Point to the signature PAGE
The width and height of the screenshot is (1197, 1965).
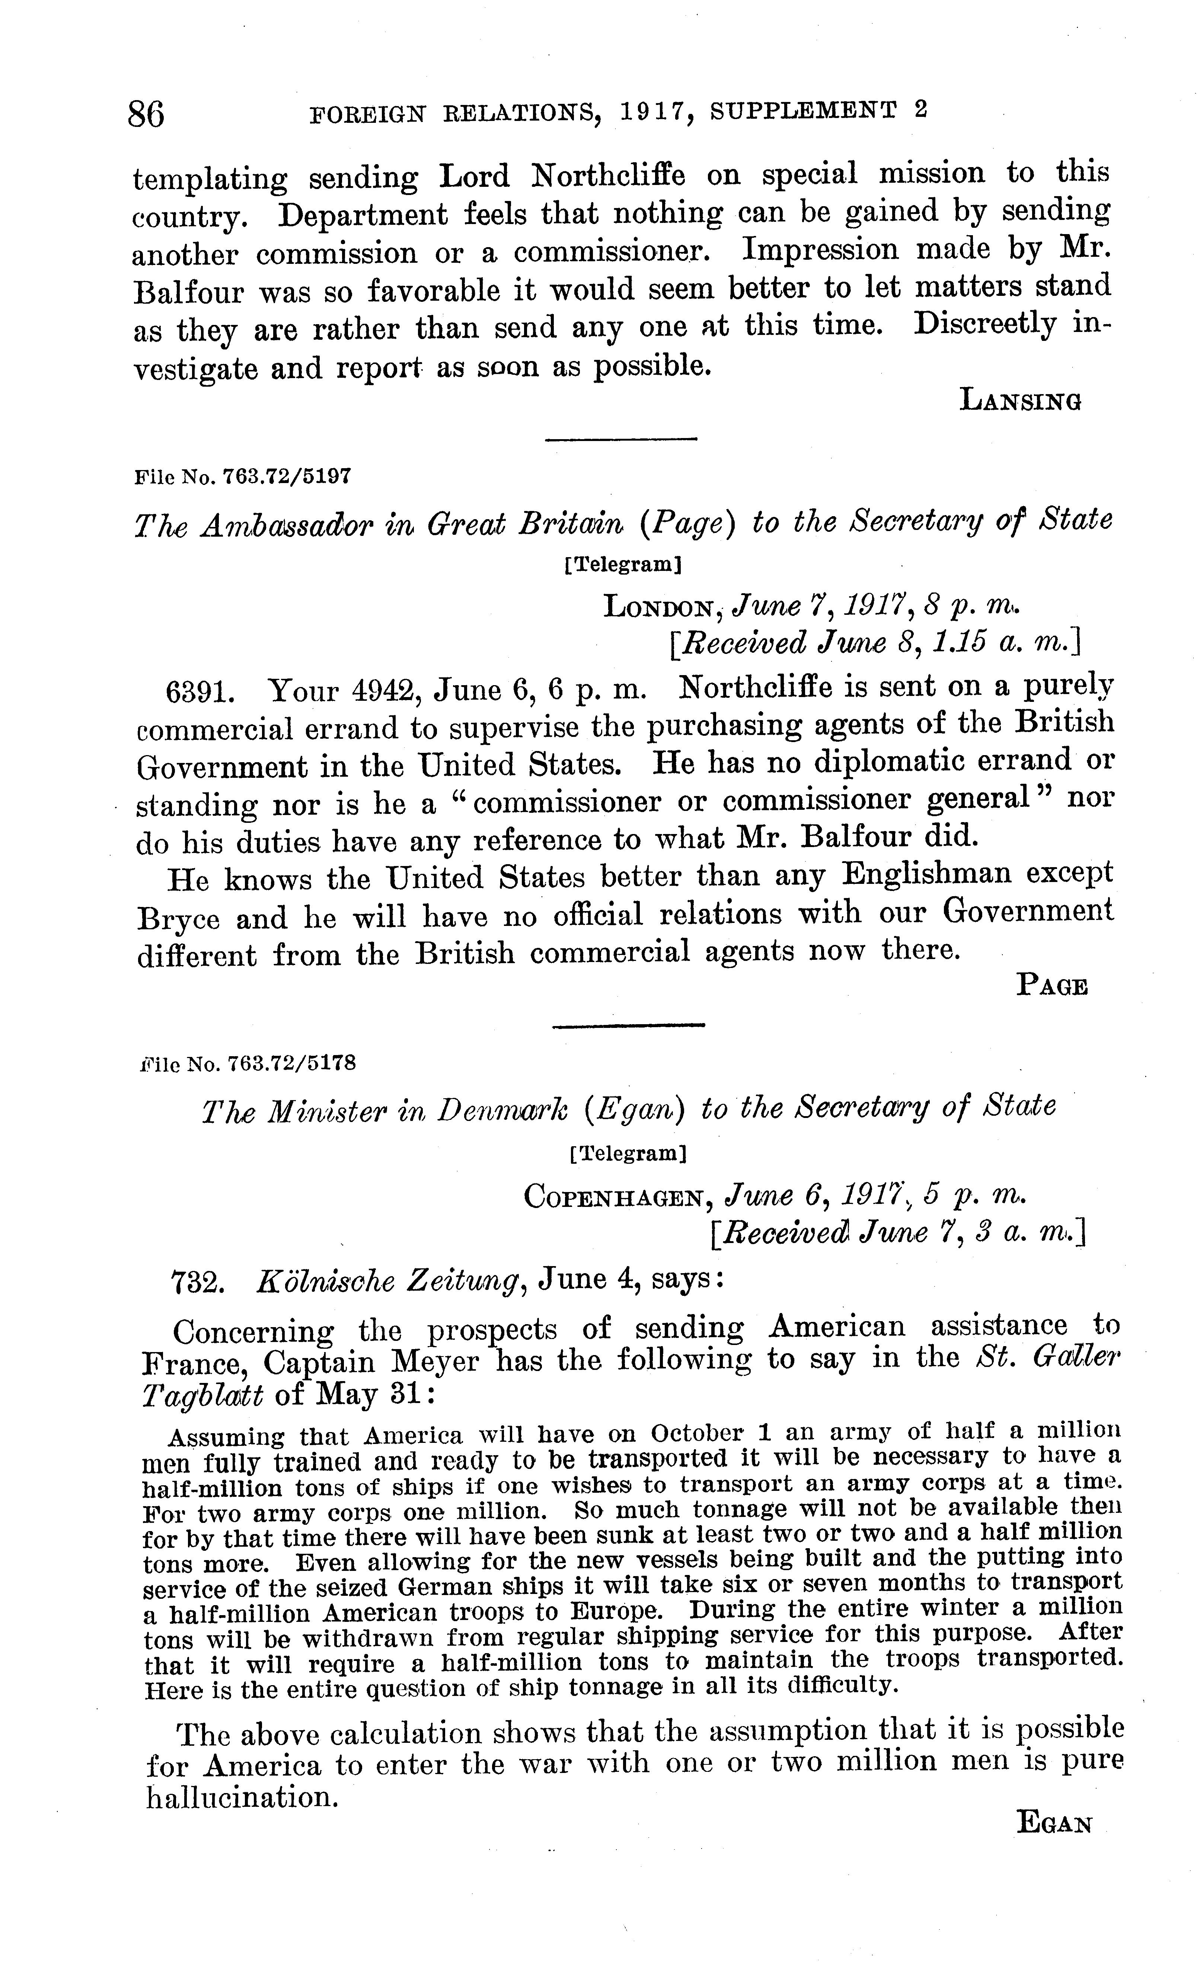coord(1052,987)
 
